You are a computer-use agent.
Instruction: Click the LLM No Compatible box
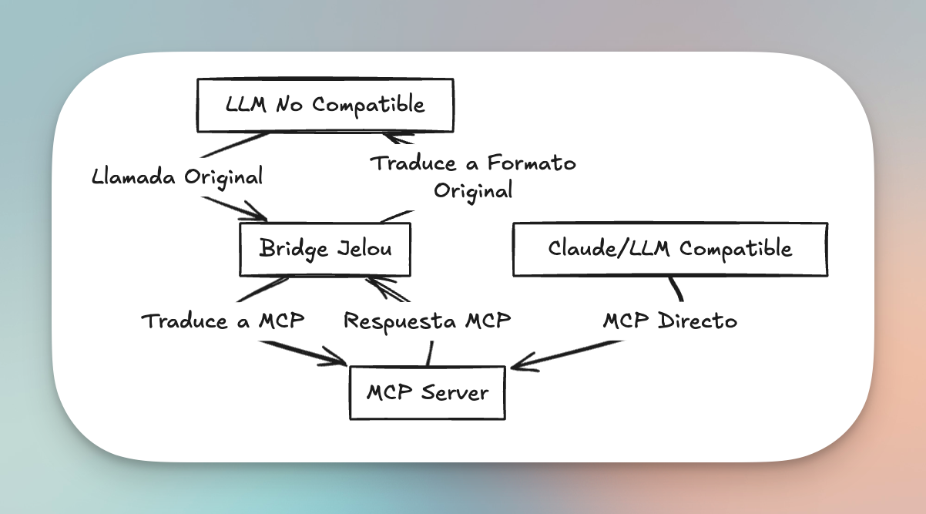pos(325,105)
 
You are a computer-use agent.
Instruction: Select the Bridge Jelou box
pos(325,249)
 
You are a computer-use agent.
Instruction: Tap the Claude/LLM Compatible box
pos(669,249)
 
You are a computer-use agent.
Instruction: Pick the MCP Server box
pos(427,393)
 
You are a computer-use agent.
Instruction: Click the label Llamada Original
pos(177,176)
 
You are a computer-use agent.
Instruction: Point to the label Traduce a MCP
pos(223,321)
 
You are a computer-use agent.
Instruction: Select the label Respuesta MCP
pos(427,321)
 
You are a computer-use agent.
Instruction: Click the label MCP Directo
pos(669,321)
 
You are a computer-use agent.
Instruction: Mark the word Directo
pos(697,321)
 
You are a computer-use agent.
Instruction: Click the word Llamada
pos(135,176)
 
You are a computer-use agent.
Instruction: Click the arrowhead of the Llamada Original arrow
pos(263,217)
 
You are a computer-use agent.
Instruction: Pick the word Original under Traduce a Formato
pos(473,190)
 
